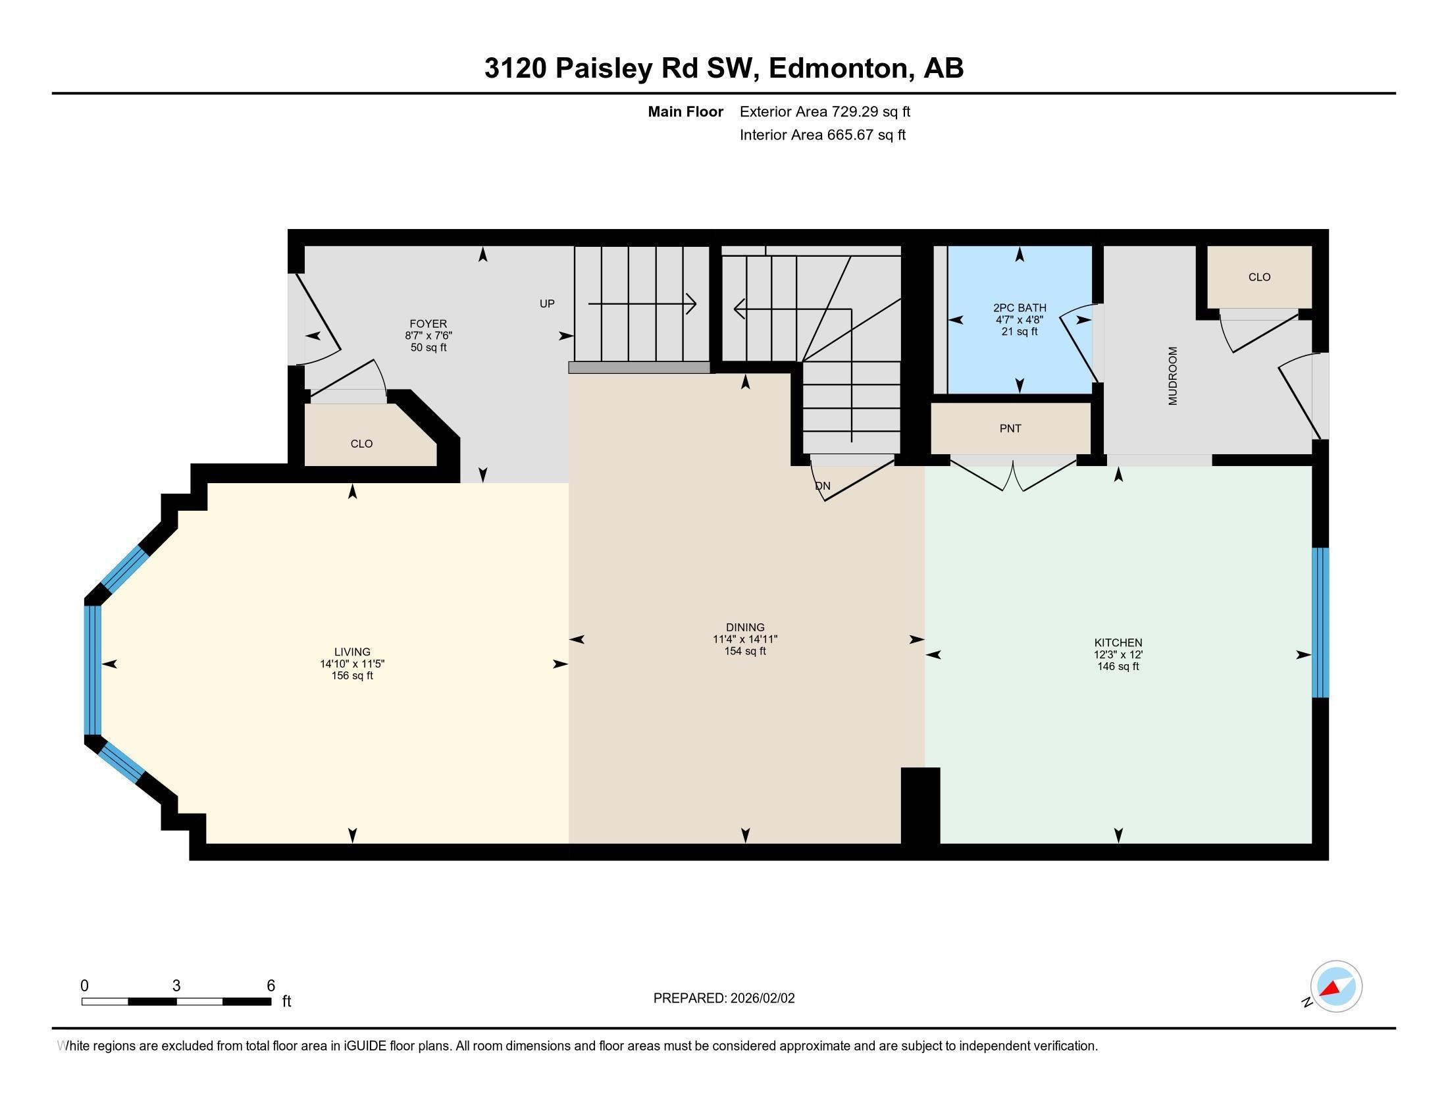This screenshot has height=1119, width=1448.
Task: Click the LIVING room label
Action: tap(352, 652)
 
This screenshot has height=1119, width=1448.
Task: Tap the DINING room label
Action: tap(745, 627)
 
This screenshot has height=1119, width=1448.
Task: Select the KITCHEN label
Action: tap(1118, 642)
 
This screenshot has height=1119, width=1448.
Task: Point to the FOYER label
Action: tap(428, 323)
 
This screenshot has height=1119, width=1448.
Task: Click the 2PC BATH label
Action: tap(1020, 307)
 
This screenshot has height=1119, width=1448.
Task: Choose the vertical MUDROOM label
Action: tap(1173, 376)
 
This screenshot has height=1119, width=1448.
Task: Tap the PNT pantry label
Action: tap(1010, 429)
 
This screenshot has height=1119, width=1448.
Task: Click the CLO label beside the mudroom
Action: tap(1259, 277)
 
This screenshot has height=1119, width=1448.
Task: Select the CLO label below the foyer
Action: tap(361, 444)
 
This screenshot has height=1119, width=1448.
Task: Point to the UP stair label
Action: tap(547, 303)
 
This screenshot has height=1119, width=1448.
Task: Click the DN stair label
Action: tap(822, 486)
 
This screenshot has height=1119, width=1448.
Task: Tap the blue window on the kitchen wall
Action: tap(1321, 623)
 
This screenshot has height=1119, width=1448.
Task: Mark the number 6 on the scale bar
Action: tap(271, 986)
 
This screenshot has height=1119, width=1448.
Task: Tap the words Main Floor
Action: tap(686, 111)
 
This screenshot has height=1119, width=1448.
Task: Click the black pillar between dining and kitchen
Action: tap(920, 806)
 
